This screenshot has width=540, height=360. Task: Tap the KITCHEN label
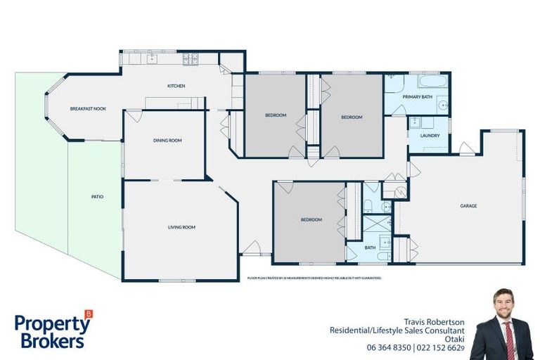(176, 86)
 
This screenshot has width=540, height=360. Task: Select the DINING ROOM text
(167, 141)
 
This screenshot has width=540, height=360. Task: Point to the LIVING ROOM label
(181, 227)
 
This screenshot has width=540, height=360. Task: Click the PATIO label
(97, 197)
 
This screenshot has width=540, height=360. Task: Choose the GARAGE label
(468, 206)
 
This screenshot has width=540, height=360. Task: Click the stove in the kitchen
(191, 59)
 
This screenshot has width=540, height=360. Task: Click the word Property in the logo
(51, 324)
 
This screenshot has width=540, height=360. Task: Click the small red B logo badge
(88, 314)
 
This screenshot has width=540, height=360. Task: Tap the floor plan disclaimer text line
(314, 278)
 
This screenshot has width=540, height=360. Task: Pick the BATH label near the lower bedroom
(370, 247)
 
